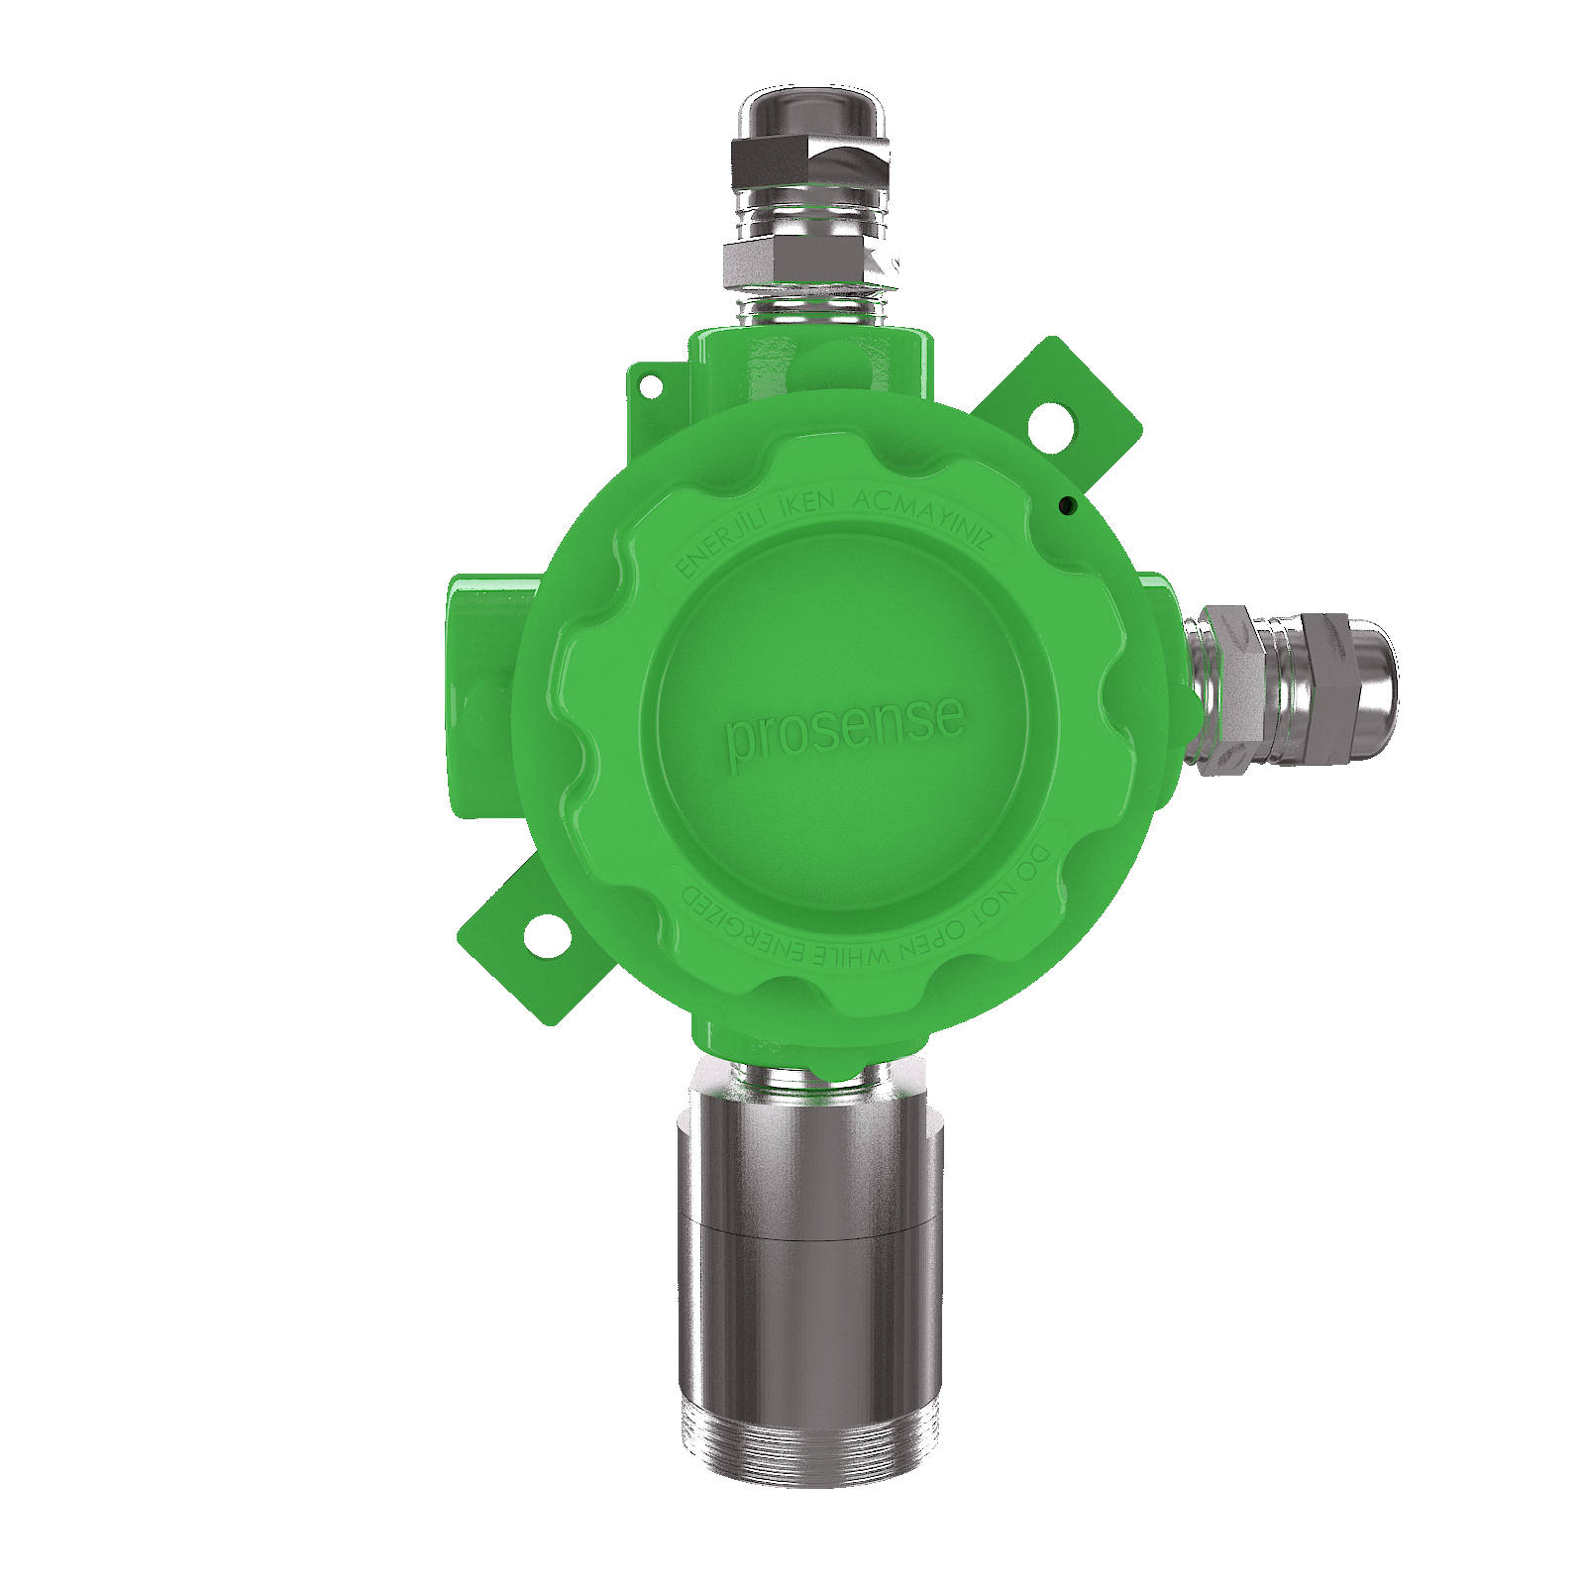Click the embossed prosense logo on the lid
point(844,731)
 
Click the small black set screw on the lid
point(1066,507)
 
